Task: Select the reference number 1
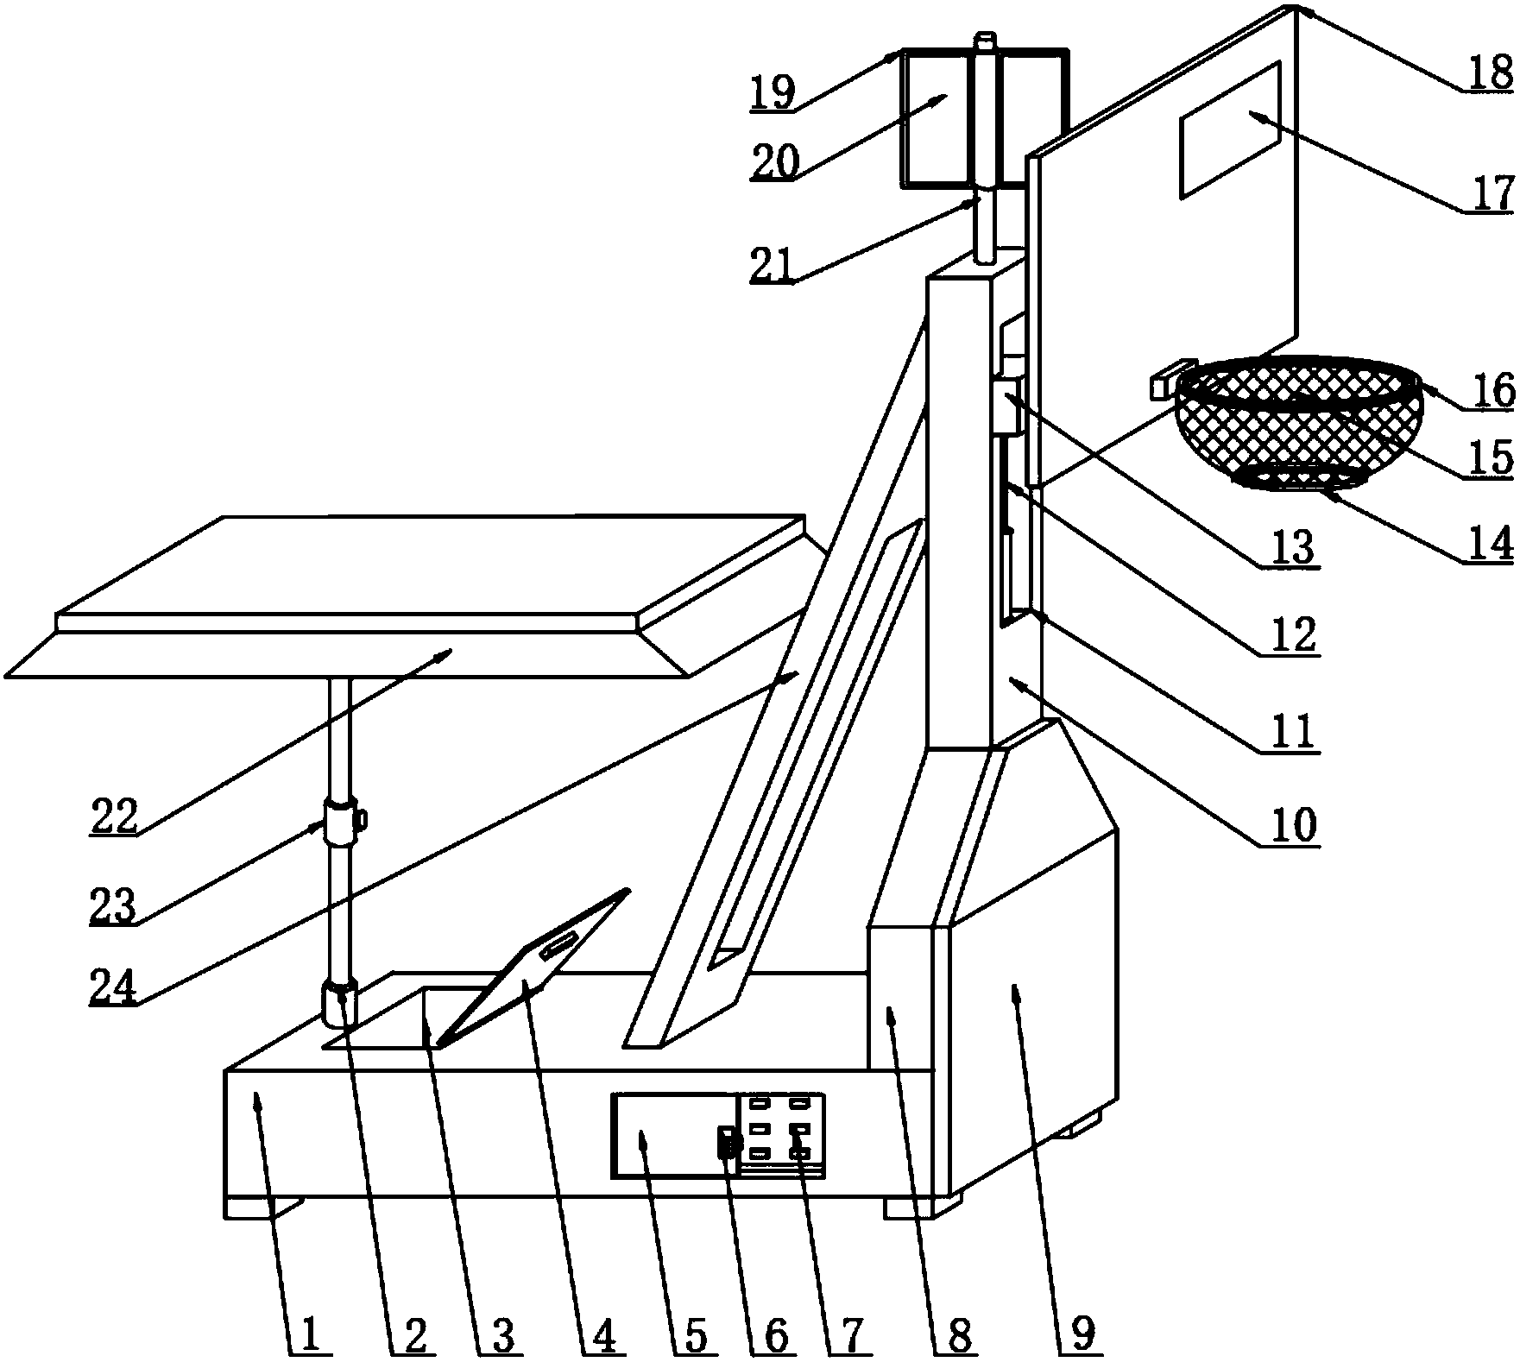point(307,1334)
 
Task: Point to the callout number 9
point(1084,1334)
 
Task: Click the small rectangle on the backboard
point(1229,129)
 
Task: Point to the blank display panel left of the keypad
point(672,1134)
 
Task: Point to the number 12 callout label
point(1291,637)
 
